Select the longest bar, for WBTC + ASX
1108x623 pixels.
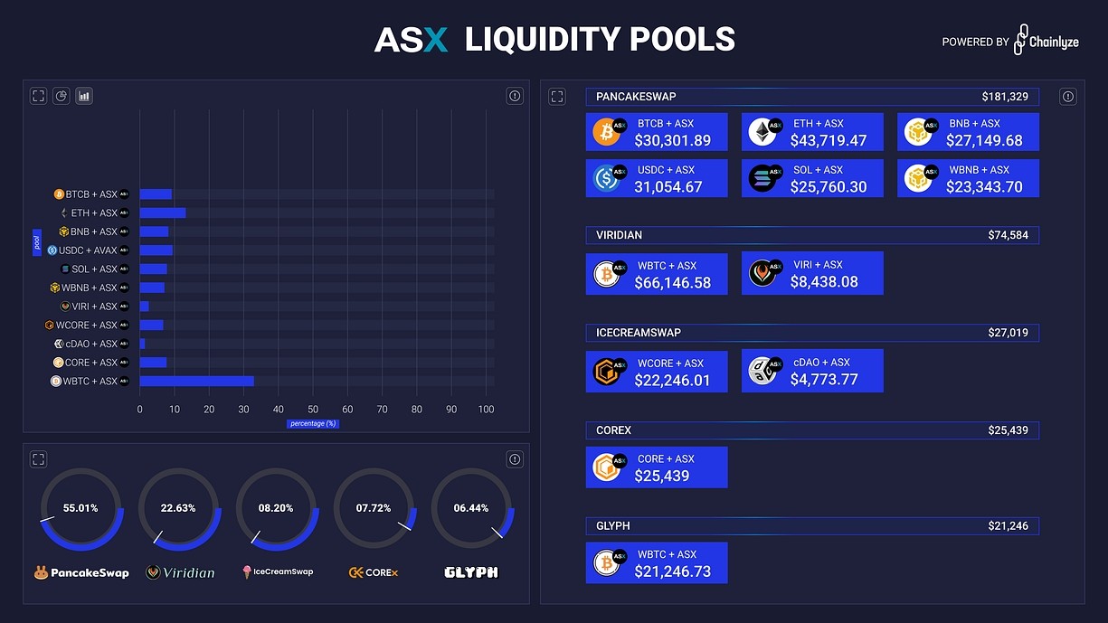196,382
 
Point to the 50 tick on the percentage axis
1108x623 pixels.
313,410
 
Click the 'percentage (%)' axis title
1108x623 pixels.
313,423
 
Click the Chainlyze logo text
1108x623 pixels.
1054,42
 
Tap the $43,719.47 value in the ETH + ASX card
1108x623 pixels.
828,141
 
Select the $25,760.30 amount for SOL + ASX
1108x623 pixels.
828,187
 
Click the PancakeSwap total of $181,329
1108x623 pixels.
1004,97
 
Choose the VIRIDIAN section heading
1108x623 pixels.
619,235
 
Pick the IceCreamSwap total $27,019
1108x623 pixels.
1008,333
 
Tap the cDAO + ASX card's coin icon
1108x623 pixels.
762,371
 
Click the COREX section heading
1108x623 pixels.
613,430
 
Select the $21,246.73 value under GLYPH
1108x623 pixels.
672,571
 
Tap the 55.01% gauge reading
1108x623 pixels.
80,508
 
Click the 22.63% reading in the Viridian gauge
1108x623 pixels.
178,508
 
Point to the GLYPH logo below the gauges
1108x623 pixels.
471,572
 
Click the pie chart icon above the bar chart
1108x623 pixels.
62,96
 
